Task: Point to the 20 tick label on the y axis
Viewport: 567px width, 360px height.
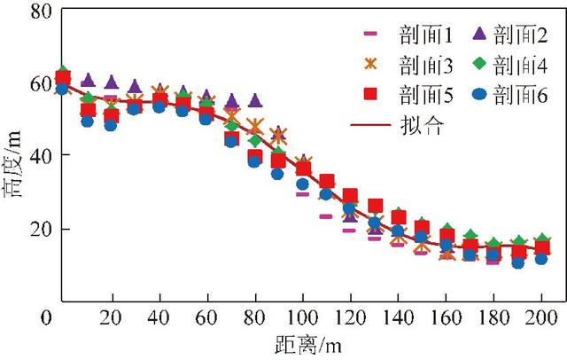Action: (x=33, y=229)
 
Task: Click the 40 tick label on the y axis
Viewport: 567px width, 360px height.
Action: (x=33, y=156)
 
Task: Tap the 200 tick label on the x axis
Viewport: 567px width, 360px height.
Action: (x=540, y=317)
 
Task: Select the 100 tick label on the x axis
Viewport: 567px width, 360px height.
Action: (x=303, y=317)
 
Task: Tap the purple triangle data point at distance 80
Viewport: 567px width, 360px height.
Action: (x=255, y=101)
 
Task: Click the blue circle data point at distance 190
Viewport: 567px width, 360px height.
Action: (x=517, y=262)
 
